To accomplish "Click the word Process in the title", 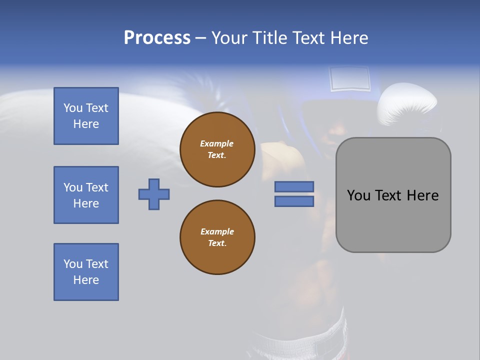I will click(157, 38).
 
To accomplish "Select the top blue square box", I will click(86, 116).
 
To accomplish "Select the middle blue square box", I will click(86, 195).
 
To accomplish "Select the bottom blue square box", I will click(86, 272).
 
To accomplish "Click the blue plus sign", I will click(154, 194).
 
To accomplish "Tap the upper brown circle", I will click(217, 149).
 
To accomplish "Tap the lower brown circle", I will click(217, 237).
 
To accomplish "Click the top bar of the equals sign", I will click(294, 186).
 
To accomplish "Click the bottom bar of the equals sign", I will click(294, 201).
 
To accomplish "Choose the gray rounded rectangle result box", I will click(393, 220).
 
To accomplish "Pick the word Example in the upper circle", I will click(217, 143).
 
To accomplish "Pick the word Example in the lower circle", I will click(217, 231).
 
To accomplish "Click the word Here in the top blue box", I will click(86, 124).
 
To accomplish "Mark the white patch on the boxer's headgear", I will click(350, 79).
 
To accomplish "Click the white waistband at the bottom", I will click(300, 340).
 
